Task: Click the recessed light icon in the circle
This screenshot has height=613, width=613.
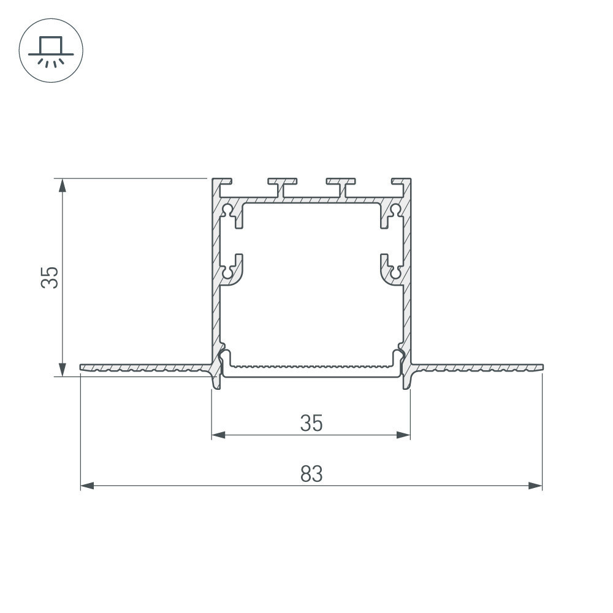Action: point(51,50)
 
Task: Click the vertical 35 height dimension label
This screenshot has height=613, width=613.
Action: point(50,277)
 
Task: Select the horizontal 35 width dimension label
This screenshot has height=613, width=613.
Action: point(311,423)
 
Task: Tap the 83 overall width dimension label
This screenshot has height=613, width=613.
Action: point(311,474)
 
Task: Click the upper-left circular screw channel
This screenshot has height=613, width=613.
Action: point(227,211)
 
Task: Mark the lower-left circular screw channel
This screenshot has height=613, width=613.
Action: point(227,270)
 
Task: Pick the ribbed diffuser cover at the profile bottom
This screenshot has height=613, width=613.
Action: point(311,370)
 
